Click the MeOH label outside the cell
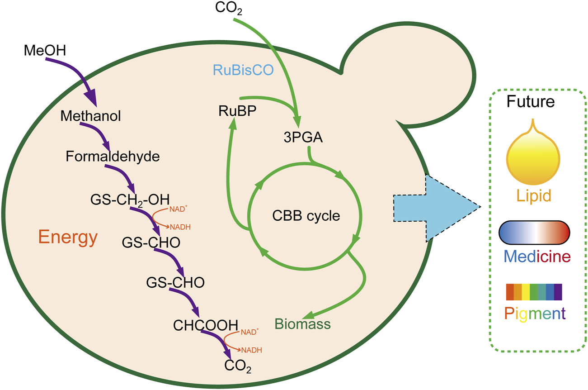tap(45, 49)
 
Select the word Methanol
tap(91, 116)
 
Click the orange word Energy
tap(68, 237)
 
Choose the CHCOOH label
tap(206, 324)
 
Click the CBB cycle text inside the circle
tap(306, 216)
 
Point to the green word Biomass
tap(303, 324)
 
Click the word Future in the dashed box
tap(530, 101)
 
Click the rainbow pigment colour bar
tap(534, 292)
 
